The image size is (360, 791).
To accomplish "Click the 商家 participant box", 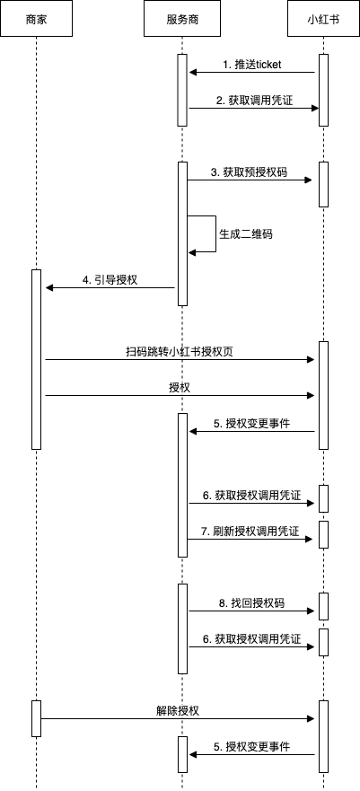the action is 36,19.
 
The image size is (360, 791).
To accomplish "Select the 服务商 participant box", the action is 182,19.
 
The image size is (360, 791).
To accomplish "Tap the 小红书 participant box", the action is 323,19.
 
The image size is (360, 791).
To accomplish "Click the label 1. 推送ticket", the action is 252,65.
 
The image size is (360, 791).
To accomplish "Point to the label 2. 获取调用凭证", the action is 254,101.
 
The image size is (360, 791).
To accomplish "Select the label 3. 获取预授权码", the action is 249,172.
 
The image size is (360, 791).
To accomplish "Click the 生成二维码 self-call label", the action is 246,234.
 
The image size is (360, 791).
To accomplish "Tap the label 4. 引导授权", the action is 110,280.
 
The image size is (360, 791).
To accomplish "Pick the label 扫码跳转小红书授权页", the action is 180,352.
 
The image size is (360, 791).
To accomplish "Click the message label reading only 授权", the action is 180,388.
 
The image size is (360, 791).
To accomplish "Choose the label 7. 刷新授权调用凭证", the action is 250,532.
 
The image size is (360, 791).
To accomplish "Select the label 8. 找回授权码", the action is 251,602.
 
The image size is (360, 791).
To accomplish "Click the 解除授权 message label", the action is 178,711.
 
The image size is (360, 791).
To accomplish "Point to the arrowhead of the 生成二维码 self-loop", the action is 191,252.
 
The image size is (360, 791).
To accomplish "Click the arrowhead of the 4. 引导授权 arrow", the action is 48,288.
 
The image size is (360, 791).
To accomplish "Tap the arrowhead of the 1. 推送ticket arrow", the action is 193,73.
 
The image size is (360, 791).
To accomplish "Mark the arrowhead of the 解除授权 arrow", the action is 312,719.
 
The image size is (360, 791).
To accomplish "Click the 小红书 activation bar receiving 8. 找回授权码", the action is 324,606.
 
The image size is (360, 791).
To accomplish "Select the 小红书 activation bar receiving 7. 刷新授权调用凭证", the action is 324,535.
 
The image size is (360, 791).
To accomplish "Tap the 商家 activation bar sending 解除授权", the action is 36,718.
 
